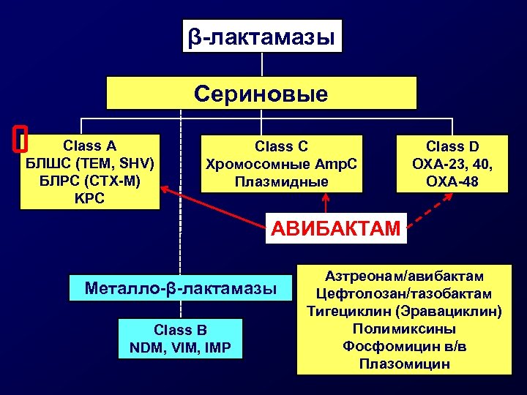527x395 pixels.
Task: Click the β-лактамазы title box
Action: [x=262, y=35]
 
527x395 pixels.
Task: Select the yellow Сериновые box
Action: [x=262, y=94]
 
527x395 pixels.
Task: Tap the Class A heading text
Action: [x=90, y=145]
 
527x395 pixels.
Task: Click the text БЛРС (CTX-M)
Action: [x=90, y=180]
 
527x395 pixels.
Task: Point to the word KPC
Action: [x=90, y=197]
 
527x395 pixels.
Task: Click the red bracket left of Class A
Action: [x=20, y=139]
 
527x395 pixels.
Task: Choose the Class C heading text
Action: [x=281, y=146]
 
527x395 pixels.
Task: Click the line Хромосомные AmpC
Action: [x=281, y=164]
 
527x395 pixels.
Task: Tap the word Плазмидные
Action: [x=281, y=181]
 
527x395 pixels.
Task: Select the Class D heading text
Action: [x=452, y=146]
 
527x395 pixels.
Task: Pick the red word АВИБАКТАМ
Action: [x=336, y=228]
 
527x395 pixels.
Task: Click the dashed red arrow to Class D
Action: [x=427, y=213]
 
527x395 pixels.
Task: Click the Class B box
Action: [x=180, y=339]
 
